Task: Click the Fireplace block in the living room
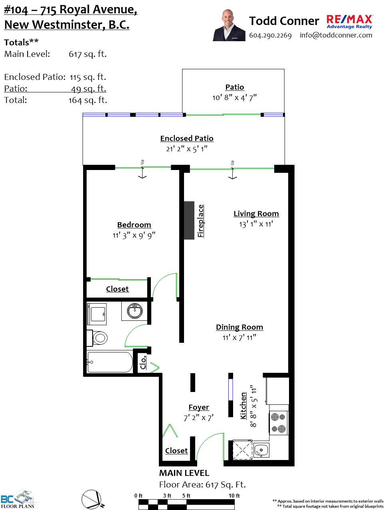[189, 220]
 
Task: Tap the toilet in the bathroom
[97, 338]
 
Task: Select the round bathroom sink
[135, 311]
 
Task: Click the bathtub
[110, 362]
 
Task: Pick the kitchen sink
[261, 450]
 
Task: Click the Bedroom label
[134, 225]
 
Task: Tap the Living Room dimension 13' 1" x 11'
[256, 224]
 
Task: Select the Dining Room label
[240, 327]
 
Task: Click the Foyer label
[199, 407]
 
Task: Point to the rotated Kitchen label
[243, 406]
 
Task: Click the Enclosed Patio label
[187, 138]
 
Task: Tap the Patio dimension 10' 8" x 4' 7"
[234, 97]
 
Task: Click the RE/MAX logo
[349, 22]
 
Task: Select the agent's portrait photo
[229, 25]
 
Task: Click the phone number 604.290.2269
[270, 35]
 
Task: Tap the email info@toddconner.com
[336, 35]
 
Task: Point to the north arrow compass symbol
[92, 499]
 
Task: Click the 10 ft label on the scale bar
[234, 495]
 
